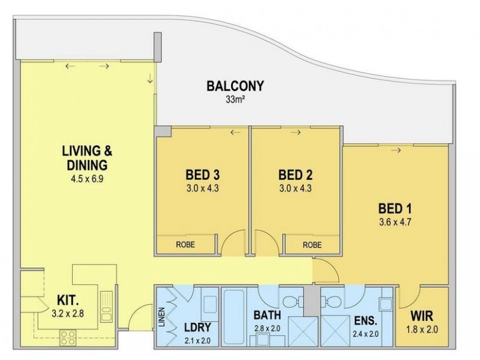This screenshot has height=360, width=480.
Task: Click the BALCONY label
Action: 235,86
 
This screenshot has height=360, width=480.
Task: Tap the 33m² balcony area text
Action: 235,100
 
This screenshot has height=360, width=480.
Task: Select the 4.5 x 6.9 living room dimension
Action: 87,178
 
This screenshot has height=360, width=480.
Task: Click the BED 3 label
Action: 203,175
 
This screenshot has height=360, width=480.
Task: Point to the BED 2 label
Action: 295,175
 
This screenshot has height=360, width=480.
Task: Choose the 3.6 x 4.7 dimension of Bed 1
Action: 395,222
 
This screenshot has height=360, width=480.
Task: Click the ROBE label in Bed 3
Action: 185,245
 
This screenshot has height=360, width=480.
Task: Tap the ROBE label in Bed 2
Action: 312,245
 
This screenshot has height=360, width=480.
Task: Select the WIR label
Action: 422,316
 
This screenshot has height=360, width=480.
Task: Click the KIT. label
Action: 68,301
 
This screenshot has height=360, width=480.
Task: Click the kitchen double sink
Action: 106,306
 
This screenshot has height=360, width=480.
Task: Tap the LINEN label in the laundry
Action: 162,317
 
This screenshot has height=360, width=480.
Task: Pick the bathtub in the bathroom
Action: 234,317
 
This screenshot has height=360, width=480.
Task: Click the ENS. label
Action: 365,320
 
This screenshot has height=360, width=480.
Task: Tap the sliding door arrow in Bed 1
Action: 396,150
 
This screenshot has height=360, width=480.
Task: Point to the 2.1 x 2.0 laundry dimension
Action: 197,340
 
